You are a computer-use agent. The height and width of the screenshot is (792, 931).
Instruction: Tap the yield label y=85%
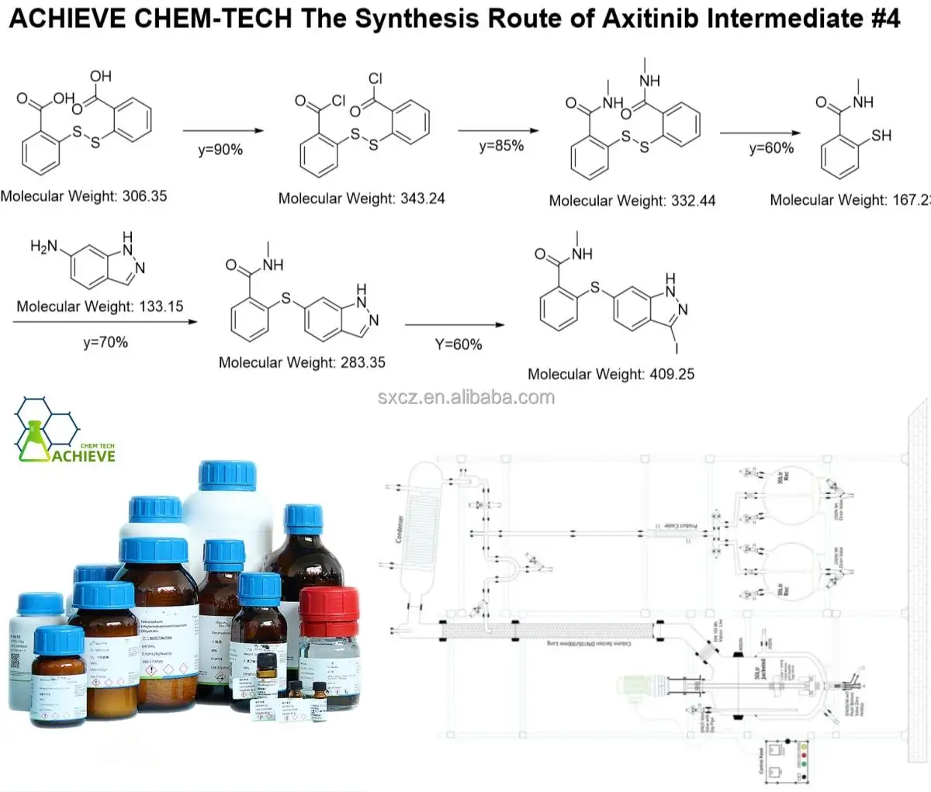(x=500, y=145)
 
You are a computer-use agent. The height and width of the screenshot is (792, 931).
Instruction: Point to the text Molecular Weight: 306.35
(x=84, y=195)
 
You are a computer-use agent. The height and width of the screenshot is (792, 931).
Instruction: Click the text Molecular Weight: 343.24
(x=362, y=198)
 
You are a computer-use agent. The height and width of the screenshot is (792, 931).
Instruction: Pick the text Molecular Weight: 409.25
(x=611, y=374)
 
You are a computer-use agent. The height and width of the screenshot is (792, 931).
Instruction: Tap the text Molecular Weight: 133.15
(x=100, y=306)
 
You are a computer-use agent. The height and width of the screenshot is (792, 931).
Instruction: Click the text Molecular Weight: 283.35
(x=302, y=362)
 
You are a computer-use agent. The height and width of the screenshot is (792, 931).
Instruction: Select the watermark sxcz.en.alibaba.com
(x=466, y=398)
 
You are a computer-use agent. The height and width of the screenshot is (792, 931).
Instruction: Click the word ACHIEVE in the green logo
(x=81, y=455)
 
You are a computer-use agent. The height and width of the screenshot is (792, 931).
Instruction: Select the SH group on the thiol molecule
(x=881, y=136)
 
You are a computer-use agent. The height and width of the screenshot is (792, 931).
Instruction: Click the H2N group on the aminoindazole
(x=44, y=247)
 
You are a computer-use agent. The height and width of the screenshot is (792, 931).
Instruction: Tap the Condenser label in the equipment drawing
(x=400, y=530)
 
